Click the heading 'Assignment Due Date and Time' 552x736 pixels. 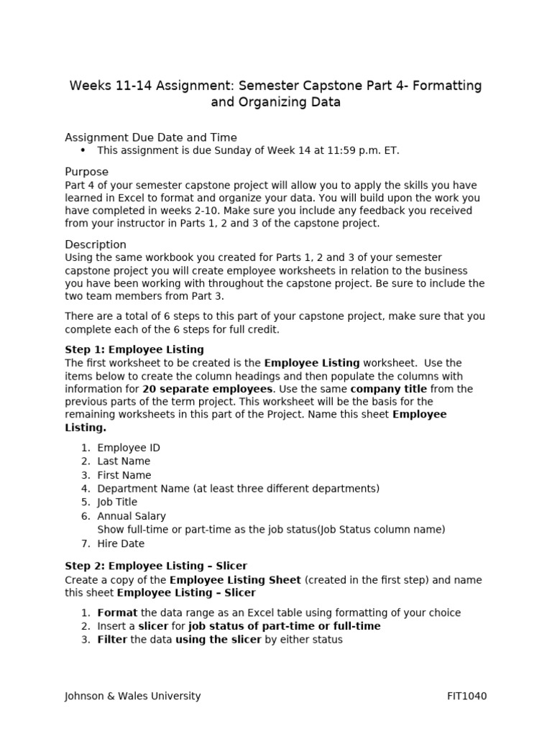point(151,137)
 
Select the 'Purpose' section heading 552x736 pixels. point(87,172)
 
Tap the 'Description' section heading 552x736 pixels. point(96,244)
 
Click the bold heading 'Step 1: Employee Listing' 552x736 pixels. point(134,349)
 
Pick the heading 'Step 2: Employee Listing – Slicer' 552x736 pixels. point(156,566)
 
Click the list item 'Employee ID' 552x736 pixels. point(129,448)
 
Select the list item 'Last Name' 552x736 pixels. point(124,461)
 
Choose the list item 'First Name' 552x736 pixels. point(124,475)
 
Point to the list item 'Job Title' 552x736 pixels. point(117,502)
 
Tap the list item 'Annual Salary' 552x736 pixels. point(132,516)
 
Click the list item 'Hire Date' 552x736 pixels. point(121,543)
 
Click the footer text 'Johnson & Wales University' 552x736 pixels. point(133,696)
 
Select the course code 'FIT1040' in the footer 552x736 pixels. point(467,696)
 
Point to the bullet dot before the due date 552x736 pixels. point(83,150)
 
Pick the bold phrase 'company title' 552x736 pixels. point(384,390)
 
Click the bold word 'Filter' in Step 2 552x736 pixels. point(112,640)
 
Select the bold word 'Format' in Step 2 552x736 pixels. point(117,613)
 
